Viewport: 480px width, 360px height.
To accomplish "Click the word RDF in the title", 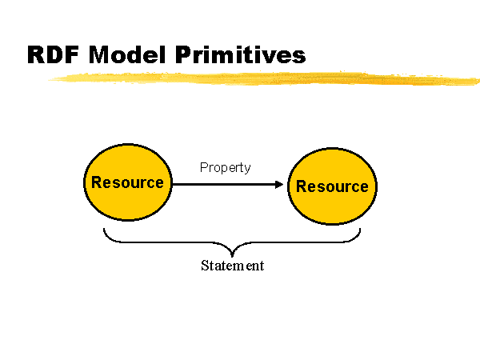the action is pyautogui.click(x=54, y=54).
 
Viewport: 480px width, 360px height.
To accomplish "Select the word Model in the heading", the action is pyautogui.click(x=127, y=54).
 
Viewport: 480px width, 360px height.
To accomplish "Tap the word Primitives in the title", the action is pyautogui.click(x=241, y=54).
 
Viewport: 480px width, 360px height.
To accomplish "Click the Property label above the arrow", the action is pyautogui.click(x=226, y=167).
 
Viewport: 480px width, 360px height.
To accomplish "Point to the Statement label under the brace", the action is pyautogui.click(x=232, y=266).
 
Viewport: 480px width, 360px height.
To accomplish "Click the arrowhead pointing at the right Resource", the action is pyautogui.click(x=279, y=184).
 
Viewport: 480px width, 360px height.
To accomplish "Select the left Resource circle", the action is pyautogui.click(x=128, y=182).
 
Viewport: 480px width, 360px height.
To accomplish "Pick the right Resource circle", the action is pyautogui.click(x=333, y=186).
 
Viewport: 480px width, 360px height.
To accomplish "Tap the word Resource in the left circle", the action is pyautogui.click(x=128, y=182).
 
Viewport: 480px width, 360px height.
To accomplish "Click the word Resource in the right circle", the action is pyautogui.click(x=332, y=186).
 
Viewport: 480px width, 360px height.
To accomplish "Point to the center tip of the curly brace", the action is pyautogui.click(x=232, y=257).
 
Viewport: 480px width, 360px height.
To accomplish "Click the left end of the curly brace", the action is pyautogui.click(x=104, y=228).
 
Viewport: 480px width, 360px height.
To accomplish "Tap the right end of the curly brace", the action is pyautogui.click(x=360, y=228).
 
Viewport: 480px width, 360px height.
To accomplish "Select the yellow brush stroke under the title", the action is pyautogui.click(x=264, y=78).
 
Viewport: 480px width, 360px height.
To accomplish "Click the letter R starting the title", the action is pyautogui.click(x=36, y=54).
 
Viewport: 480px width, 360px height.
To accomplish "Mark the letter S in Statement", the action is pyautogui.click(x=205, y=266).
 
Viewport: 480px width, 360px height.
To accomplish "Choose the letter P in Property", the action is pyautogui.click(x=203, y=167).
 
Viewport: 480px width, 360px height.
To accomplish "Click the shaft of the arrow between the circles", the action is pyautogui.click(x=224, y=184).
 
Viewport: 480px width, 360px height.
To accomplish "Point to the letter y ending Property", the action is pyautogui.click(x=247, y=170).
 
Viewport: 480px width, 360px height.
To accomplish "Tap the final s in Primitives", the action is pyautogui.click(x=299, y=57).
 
